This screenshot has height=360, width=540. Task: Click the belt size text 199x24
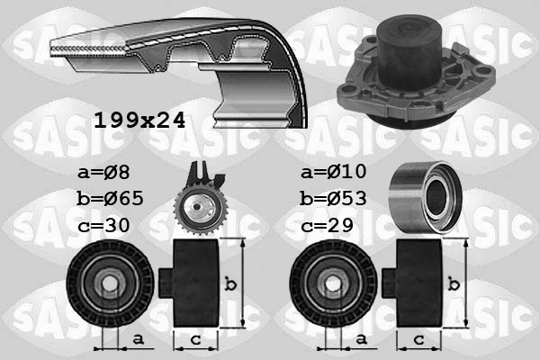139,119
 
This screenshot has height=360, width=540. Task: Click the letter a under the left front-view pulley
136,339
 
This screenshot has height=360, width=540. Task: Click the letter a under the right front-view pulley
361,339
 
